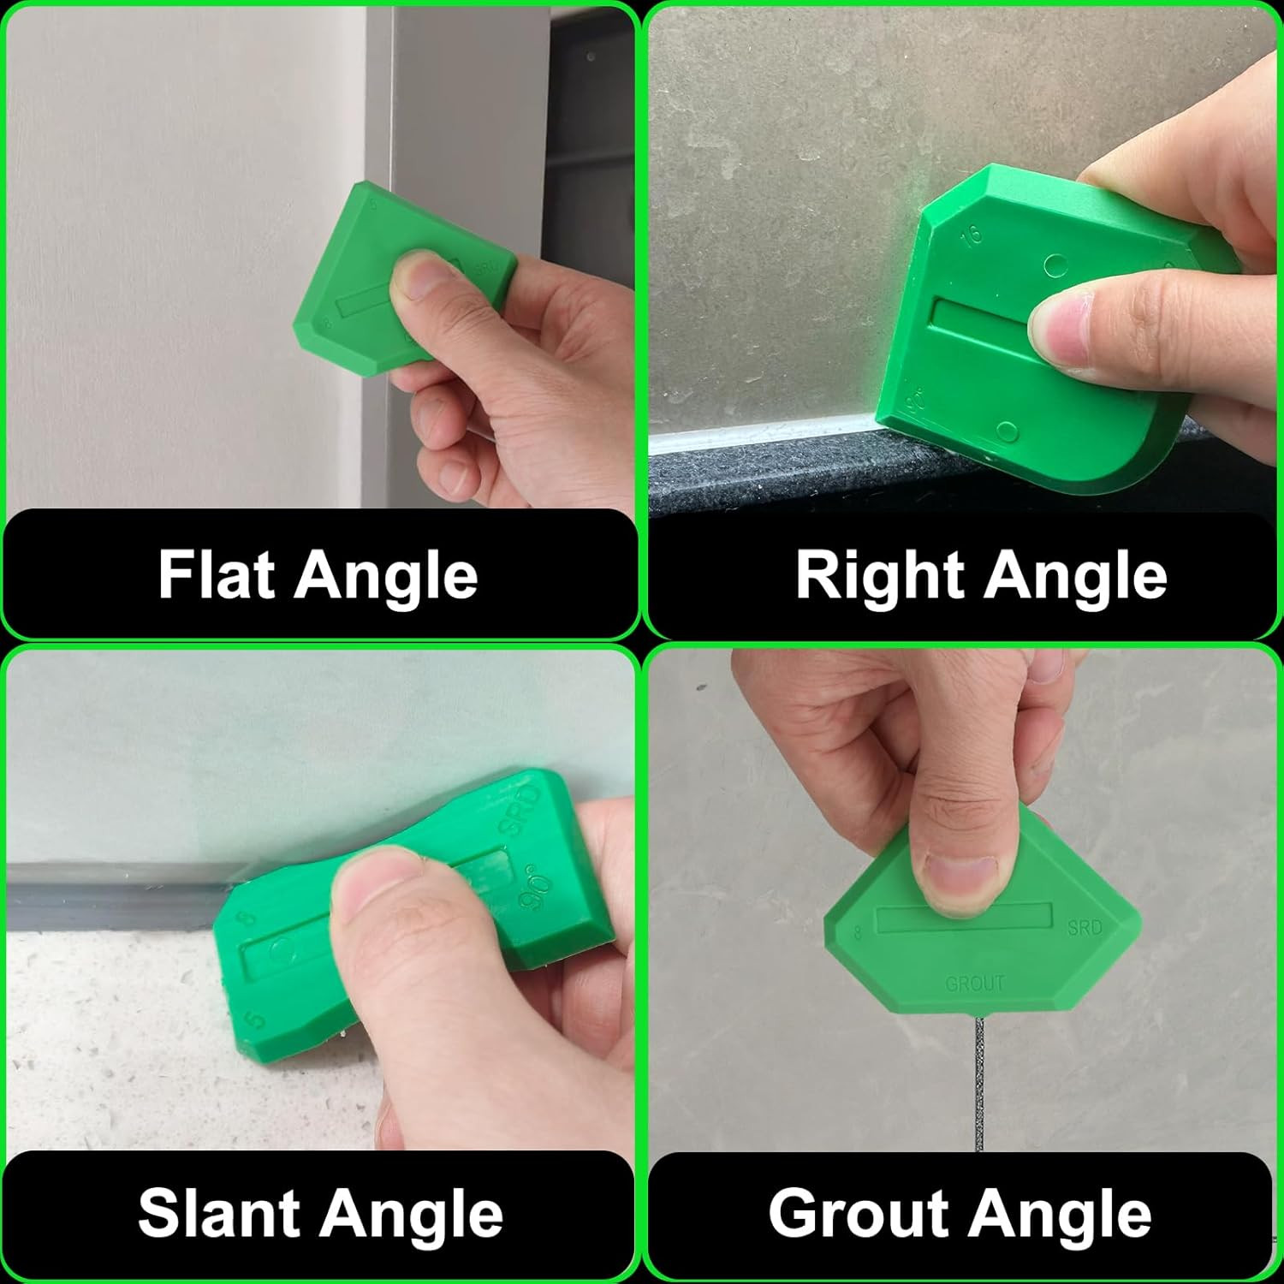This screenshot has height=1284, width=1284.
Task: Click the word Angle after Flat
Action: click(x=385, y=576)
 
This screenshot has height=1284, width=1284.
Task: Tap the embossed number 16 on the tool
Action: click(x=972, y=235)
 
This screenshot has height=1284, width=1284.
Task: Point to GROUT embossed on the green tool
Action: click(x=974, y=984)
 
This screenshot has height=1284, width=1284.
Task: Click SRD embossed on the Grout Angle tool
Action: click(x=1085, y=927)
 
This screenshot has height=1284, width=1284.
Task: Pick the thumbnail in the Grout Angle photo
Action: click(x=960, y=882)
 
